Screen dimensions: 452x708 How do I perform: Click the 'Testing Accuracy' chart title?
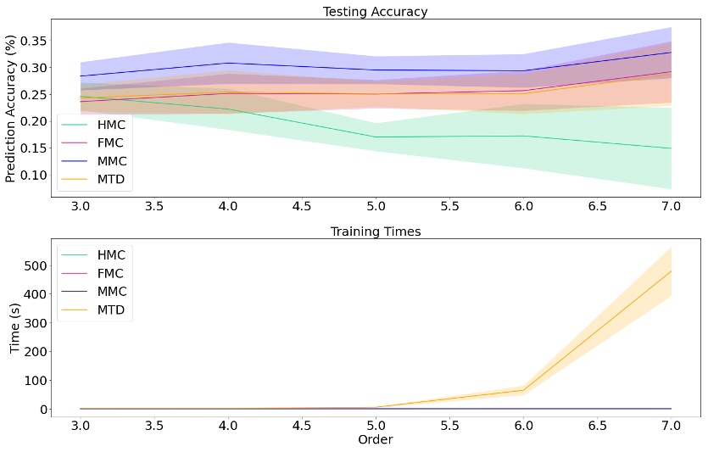point(375,12)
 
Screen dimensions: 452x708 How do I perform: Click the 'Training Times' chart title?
point(375,231)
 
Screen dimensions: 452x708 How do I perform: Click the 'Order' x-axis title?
point(375,440)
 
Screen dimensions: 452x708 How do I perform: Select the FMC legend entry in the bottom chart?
point(93,273)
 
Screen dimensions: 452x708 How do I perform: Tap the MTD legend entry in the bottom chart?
point(93,310)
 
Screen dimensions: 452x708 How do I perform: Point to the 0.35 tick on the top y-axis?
point(32,41)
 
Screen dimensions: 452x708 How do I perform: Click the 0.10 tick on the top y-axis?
point(32,175)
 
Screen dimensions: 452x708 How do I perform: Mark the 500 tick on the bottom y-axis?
point(36,265)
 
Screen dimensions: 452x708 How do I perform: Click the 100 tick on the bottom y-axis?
point(36,380)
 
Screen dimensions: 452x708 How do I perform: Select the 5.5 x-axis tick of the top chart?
point(449,205)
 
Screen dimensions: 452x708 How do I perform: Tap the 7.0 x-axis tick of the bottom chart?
point(671,425)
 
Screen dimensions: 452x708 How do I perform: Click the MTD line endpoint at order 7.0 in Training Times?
point(671,271)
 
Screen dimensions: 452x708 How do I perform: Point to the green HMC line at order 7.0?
point(671,148)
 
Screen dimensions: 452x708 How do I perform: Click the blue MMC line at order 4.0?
point(227,63)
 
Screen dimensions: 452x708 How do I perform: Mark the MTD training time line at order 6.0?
point(523,390)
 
